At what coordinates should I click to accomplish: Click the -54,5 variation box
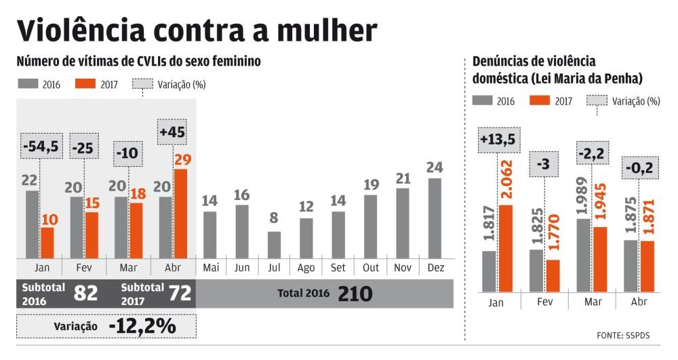(40, 146)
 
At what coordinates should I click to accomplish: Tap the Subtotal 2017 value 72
(180, 293)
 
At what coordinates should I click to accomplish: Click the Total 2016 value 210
(355, 293)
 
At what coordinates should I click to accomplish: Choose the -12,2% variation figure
(142, 326)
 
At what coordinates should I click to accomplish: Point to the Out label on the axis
(371, 268)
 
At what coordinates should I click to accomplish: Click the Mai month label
(211, 268)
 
